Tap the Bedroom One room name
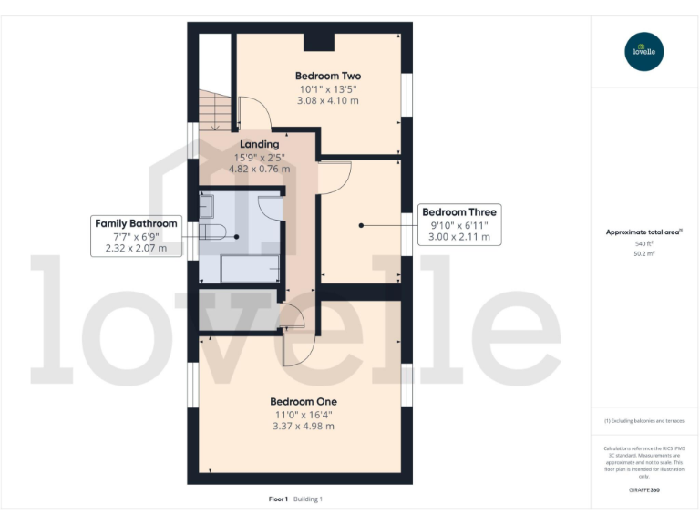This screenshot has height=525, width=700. click(x=304, y=401)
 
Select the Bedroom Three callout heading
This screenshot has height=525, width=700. click(x=459, y=211)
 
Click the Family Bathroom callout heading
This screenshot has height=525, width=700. click(x=136, y=222)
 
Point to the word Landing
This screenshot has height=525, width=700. click(x=259, y=144)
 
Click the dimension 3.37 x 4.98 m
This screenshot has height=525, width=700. click(x=304, y=426)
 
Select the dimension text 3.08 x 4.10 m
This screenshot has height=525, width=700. click(x=328, y=101)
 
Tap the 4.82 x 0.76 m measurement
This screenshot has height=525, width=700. click(x=259, y=169)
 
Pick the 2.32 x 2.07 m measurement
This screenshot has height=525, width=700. click(x=136, y=248)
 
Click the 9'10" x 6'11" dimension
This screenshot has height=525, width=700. click(x=459, y=224)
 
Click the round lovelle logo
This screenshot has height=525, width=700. click(x=643, y=51)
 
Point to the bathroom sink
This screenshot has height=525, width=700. click(x=206, y=207)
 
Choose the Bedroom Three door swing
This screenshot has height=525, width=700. click(x=334, y=176)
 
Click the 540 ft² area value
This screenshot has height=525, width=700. click(x=643, y=244)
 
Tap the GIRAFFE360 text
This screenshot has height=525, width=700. click(x=643, y=490)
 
